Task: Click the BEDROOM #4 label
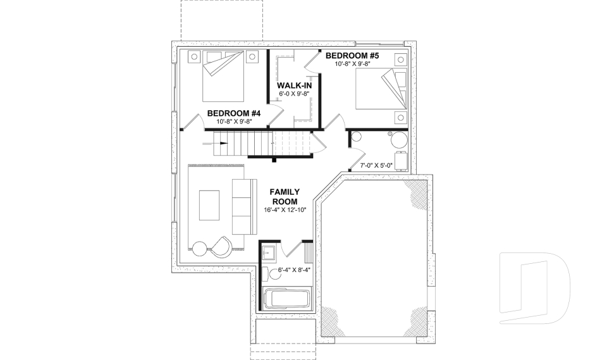click(230, 113)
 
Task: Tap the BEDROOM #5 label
click(352, 56)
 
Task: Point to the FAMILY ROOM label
click(285, 196)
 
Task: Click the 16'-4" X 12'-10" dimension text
click(285, 210)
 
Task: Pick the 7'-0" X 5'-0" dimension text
click(376, 166)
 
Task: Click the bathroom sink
click(267, 251)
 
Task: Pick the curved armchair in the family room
click(221, 246)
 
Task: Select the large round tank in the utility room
click(399, 140)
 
